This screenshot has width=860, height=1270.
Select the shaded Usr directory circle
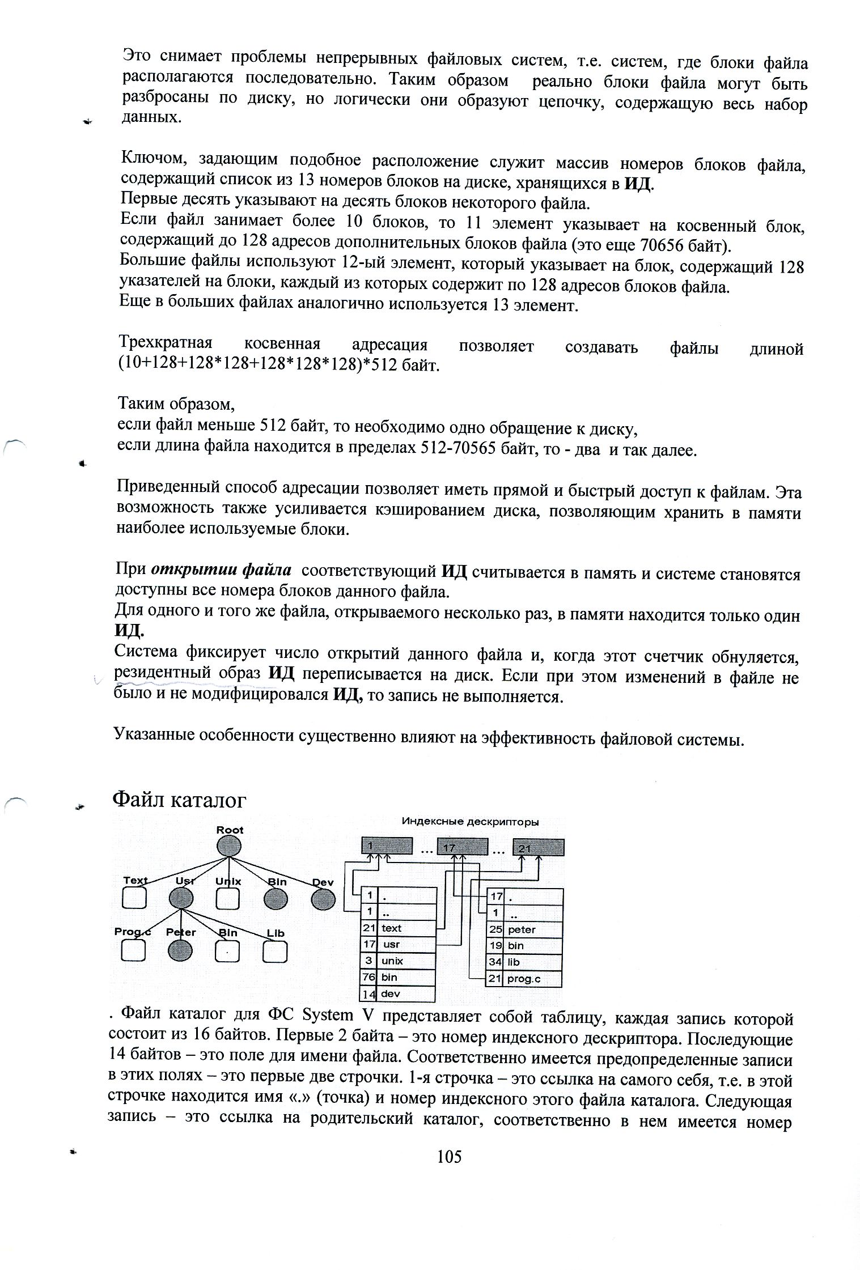click(181, 898)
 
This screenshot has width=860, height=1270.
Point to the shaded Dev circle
click(323, 898)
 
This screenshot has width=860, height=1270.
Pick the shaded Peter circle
click(181, 950)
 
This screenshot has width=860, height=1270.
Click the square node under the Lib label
click(275, 951)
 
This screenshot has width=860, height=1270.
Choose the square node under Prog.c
click(133, 950)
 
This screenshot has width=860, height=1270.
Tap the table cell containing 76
click(368, 977)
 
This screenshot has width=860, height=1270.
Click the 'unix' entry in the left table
click(392, 961)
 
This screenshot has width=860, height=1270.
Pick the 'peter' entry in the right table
click(522, 930)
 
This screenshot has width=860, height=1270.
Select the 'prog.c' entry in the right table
click(524, 979)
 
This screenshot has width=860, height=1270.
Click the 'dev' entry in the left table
click(391, 993)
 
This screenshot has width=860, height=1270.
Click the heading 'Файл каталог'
click(180, 800)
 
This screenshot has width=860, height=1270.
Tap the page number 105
click(450, 1157)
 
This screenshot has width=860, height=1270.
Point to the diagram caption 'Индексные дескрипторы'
click(470, 821)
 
